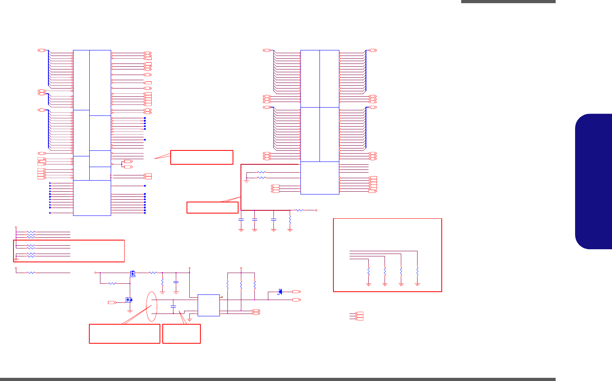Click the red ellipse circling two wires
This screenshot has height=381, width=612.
tap(152, 306)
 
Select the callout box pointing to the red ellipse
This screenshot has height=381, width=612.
tap(125, 333)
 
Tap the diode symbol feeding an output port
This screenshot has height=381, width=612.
tap(280, 292)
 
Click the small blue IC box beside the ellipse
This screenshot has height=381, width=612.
tap(208, 305)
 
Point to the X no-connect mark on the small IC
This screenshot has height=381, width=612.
tap(222, 297)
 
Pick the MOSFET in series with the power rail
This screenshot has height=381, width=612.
tap(133, 273)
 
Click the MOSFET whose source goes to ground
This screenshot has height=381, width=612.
tap(129, 300)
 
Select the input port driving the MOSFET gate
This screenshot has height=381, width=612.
tap(112, 302)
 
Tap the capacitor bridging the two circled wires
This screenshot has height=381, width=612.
tap(173, 306)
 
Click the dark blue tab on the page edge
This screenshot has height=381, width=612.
tap(594, 181)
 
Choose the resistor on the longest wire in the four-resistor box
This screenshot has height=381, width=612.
tap(417, 271)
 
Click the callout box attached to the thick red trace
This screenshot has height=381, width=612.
tap(212, 208)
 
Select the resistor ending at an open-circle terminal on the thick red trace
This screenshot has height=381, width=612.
tap(300, 210)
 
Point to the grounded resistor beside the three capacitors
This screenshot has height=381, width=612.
tap(290, 219)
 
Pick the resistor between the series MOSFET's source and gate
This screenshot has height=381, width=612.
tap(112, 283)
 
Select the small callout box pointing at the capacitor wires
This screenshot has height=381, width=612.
tap(181, 333)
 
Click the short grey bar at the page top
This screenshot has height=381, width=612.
tap(508, 2)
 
